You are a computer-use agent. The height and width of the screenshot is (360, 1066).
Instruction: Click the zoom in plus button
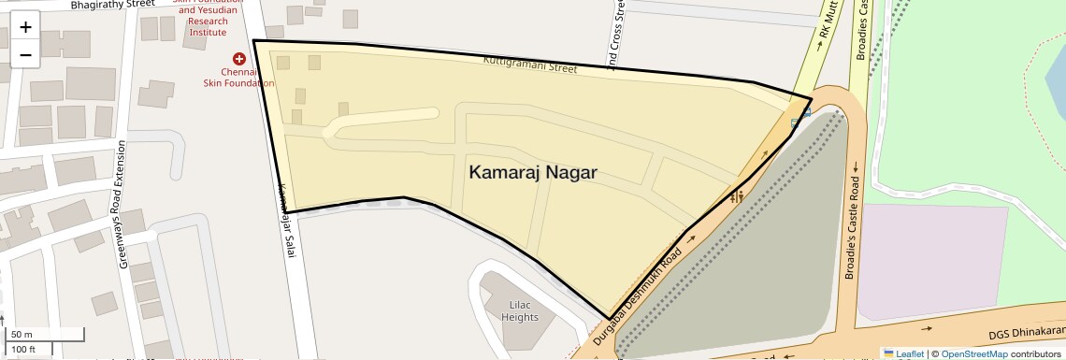point(25,26)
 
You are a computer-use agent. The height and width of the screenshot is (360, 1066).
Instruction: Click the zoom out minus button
point(25,54)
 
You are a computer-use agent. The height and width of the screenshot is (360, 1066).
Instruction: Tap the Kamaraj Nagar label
point(532,173)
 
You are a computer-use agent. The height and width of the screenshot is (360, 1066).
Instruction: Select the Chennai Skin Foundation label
point(238,77)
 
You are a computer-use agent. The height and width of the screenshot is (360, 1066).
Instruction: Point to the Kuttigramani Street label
point(530,66)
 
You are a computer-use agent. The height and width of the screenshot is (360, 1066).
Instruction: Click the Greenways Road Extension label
point(122,207)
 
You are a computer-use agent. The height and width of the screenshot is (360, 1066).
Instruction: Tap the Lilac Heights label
point(519,310)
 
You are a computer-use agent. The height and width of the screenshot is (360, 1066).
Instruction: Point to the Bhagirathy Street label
point(112,5)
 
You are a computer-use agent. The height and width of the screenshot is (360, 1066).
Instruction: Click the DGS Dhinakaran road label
point(1026,332)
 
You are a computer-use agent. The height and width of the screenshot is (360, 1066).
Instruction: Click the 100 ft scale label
point(23,350)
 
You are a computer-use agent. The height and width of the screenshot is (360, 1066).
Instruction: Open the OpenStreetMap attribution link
point(973,353)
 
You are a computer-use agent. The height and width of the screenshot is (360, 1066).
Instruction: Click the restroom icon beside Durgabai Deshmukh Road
point(737,196)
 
